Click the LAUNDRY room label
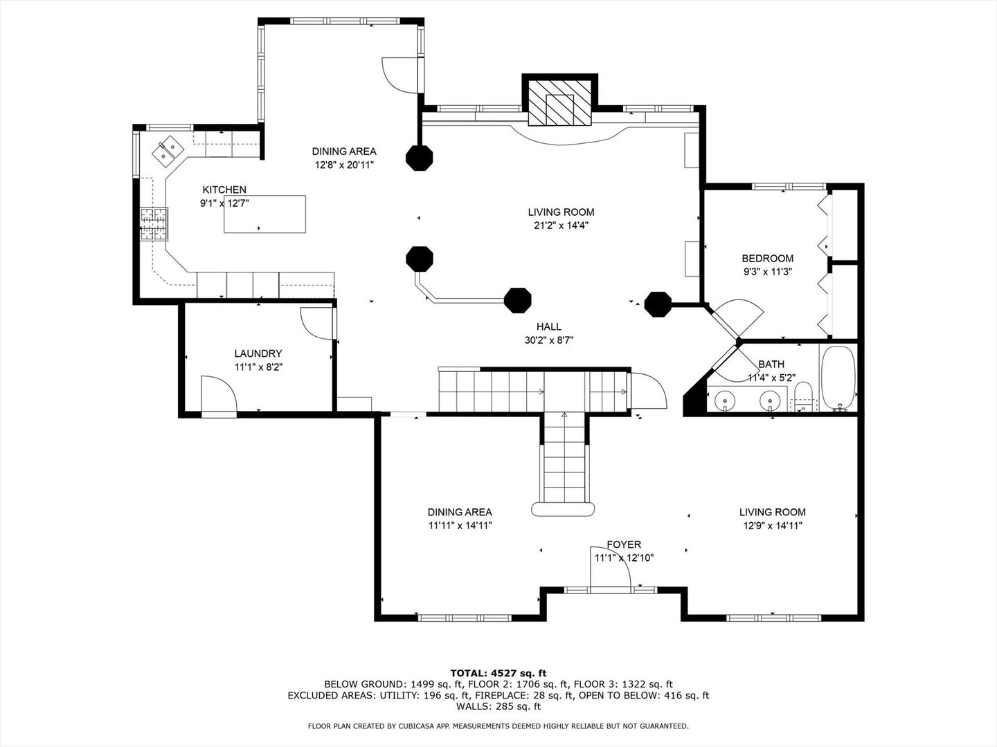click(258, 353)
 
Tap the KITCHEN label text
click(224, 190)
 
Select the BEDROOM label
click(768, 259)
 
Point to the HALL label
click(548, 326)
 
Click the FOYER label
click(624, 544)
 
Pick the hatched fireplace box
click(559, 102)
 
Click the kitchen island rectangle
click(264, 214)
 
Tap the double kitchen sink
click(168, 150)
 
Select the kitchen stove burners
click(154, 223)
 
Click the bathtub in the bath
click(838, 379)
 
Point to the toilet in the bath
click(804, 396)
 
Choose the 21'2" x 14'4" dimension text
click(561, 225)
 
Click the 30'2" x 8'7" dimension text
click(548, 340)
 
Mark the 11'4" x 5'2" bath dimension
click(771, 378)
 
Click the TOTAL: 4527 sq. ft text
click(498, 673)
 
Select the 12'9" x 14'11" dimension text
click(773, 526)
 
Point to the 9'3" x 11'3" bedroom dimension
click(768, 272)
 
